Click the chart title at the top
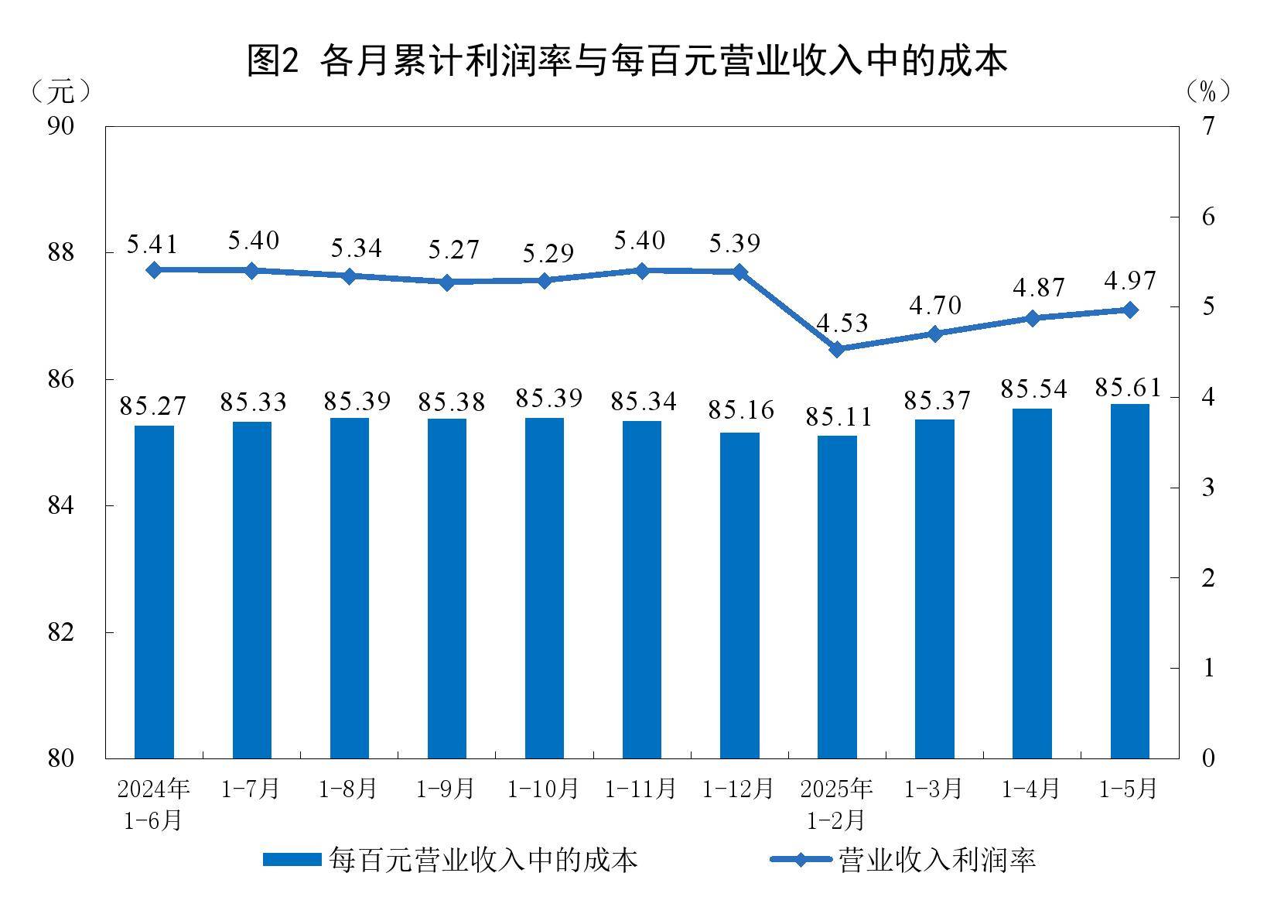click(x=627, y=60)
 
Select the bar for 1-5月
click(x=1129, y=580)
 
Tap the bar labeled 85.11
click(x=837, y=596)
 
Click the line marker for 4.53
click(x=837, y=349)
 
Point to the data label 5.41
click(x=152, y=245)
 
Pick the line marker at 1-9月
click(x=446, y=282)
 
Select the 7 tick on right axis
click(x=1208, y=125)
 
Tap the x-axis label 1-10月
click(x=543, y=789)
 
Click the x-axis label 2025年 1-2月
click(x=837, y=804)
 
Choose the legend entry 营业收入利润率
click(x=936, y=860)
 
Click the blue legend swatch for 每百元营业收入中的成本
click(x=292, y=860)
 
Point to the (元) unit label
click(x=61, y=91)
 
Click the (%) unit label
click(x=1207, y=91)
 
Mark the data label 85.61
click(x=1129, y=387)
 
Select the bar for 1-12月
click(x=739, y=594)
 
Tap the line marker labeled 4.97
click(x=1129, y=310)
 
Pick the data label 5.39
click(x=735, y=243)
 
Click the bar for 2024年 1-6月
click(x=154, y=591)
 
